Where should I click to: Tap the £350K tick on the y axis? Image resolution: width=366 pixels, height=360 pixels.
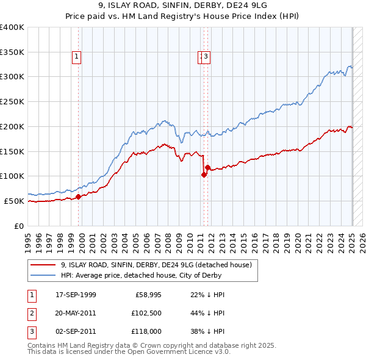13,52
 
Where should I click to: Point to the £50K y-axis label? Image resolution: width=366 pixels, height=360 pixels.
15,201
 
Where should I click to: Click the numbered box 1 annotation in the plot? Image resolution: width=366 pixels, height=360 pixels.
77,57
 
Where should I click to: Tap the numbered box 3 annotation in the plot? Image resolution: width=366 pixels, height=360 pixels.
206,57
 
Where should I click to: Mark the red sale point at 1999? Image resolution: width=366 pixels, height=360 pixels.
79,196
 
